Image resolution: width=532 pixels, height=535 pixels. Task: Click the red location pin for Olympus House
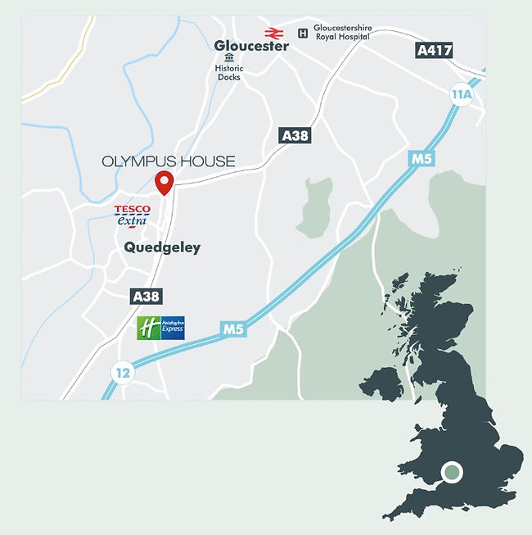(x=165, y=182)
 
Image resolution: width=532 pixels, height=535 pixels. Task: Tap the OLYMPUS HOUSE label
(x=168, y=161)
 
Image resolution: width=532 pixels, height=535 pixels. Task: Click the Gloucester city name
(x=251, y=46)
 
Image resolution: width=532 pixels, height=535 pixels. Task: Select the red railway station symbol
(x=273, y=33)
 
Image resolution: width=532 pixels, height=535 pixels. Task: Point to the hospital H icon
(x=304, y=33)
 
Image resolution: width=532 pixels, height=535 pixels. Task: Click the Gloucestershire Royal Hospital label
(x=344, y=32)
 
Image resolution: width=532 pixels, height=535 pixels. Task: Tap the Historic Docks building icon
(x=229, y=58)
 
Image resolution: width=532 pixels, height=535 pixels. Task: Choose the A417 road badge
(x=434, y=51)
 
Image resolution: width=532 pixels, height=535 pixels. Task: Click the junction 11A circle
(x=462, y=94)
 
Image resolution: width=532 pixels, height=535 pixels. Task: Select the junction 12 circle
(x=123, y=373)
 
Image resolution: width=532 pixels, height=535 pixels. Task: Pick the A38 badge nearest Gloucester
(x=295, y=135)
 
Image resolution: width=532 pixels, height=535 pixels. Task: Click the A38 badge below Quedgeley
(x=145, y=297)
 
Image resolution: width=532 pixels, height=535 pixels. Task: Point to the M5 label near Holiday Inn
(x=233, y=329)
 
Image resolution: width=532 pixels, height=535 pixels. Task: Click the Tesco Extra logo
(x=132, y=215)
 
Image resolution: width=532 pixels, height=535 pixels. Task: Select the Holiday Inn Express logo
(x=160, y=328)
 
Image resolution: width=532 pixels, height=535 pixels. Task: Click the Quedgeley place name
(x=162, y=247)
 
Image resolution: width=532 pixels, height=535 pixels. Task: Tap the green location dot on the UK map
(x=452, y=473)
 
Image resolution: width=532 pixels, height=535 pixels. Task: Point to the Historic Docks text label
(x=229, y=73)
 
